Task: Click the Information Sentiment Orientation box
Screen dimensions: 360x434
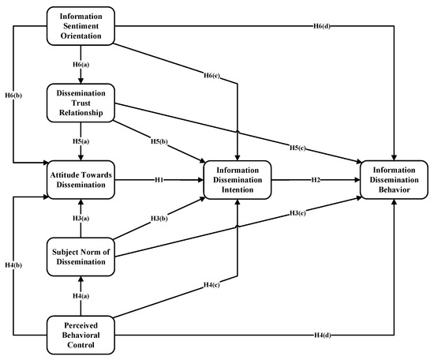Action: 80,24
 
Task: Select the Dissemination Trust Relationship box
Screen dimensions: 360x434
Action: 80,102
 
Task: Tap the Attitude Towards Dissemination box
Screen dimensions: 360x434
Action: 80,180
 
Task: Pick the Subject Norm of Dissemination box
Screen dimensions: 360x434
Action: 80,257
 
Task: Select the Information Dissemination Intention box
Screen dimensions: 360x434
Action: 238,180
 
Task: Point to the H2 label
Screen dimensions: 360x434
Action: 316,180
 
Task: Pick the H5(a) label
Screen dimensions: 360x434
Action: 80,142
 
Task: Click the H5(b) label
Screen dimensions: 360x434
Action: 160,143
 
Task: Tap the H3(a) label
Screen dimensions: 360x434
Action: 80,219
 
